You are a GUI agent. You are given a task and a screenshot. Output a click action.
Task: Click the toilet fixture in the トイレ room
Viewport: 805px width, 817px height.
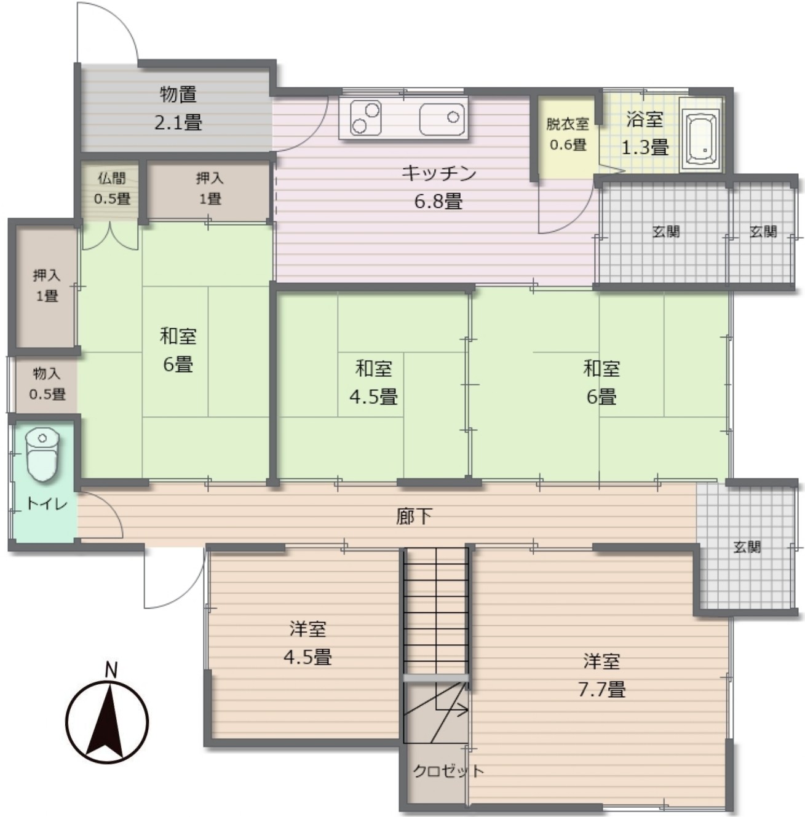[x=42, y=454]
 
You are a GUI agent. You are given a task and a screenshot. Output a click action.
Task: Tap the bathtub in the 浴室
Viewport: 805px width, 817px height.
[x=701, y=135]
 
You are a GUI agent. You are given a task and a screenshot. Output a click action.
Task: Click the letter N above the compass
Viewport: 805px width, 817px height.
[x=111, y=670]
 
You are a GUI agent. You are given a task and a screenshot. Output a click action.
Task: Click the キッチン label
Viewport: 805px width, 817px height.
[x=438, y=173]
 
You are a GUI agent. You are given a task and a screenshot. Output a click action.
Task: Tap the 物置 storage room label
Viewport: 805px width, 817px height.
[x=178, y=94]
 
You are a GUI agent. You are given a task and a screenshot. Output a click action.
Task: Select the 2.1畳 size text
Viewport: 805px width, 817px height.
[x=178, y=122]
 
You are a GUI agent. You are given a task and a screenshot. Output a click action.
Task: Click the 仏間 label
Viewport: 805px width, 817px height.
[x=112, y=178]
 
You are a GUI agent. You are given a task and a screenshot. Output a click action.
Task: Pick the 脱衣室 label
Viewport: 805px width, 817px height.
[x=568, y=124]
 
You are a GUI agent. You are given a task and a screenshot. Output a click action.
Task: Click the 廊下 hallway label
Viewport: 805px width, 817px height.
[x=414, y=516]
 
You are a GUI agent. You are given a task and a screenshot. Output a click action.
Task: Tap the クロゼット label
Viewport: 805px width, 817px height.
[x=448, y=770]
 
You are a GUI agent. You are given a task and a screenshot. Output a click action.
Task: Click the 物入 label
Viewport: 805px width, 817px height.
[x=47, y=374]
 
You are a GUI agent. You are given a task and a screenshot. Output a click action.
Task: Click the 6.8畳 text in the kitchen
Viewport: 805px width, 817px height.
[x=438, y=201]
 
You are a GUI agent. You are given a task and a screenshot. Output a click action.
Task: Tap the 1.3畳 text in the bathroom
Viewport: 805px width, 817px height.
[x=645, y=148]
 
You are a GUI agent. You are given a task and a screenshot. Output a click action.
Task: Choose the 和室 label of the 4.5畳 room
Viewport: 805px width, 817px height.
[x=373, y=368]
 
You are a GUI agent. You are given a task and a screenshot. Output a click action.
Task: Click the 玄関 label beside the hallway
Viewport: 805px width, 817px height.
[x=747, y=547]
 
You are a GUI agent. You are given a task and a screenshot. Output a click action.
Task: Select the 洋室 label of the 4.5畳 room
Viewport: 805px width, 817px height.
[x=307, y=629]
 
